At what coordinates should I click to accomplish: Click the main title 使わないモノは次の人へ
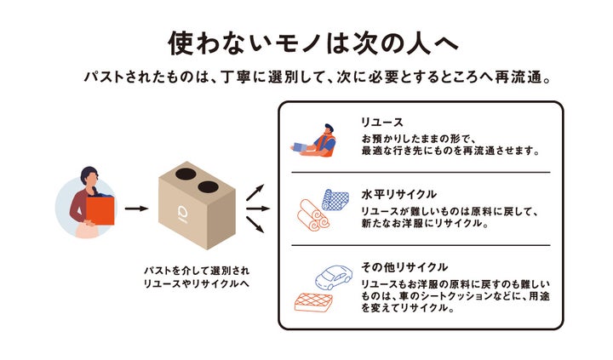tap(306, 43)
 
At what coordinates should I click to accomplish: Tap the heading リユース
tap(381, 123)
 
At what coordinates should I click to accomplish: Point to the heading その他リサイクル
tap(404, 266)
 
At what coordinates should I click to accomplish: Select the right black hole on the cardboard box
tap(208, 185)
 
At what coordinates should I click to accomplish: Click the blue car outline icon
tap(334, 277)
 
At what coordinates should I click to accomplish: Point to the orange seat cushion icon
tap(312, 302)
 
